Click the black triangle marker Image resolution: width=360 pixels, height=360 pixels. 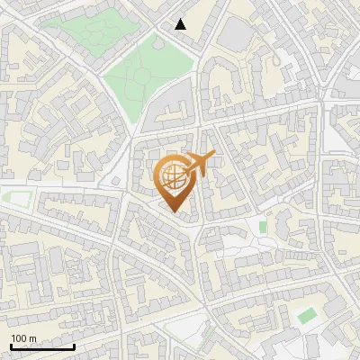[181, 24]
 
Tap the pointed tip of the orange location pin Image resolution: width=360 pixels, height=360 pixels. [175, 213]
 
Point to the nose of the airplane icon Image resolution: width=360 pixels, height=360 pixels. [213, 156]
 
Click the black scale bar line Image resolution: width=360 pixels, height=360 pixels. [41, 347]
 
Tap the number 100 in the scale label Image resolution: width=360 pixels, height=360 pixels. [19, 339]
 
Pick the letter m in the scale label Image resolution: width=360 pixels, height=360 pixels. [32, 339]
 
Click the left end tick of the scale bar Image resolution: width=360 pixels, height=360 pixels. [10, 346]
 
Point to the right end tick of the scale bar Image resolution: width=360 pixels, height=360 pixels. [74, 346]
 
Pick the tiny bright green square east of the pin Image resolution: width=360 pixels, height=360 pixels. [263, 227]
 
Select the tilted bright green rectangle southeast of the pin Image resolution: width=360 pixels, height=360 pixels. [308, 315]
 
